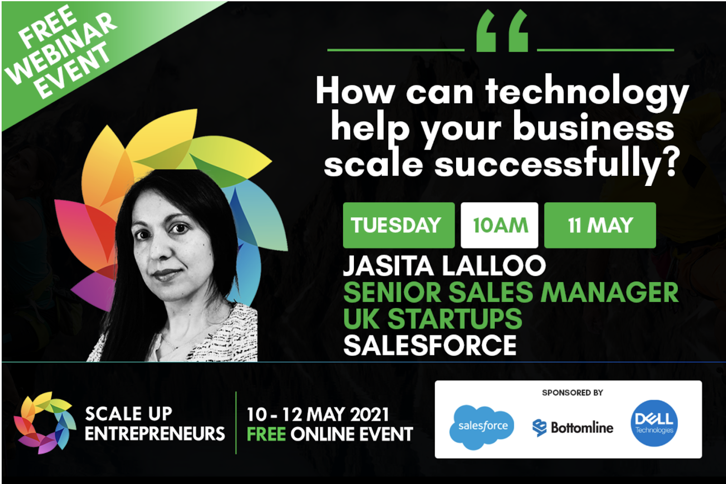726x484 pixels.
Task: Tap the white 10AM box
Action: click(500, 225)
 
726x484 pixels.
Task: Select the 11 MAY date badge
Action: click(600, 225)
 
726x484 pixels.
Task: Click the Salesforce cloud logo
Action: click(482, 426)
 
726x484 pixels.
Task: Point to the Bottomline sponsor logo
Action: click(573, 427)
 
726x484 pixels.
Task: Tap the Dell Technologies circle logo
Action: click(654, 423)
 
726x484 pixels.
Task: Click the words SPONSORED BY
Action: click(572, 392)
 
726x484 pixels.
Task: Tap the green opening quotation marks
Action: click(502, 32)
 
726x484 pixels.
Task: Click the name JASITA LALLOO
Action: click(444, 266)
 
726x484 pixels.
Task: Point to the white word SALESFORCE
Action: click(430, 346)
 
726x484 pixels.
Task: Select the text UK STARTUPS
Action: click(432, 319)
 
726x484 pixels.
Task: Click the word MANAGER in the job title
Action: click(609, 293)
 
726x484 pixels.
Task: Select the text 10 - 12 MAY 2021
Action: click(318, 414)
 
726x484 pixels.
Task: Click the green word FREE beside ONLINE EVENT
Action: click(266, 434)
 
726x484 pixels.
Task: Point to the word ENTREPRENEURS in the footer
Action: click(155, 434)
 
